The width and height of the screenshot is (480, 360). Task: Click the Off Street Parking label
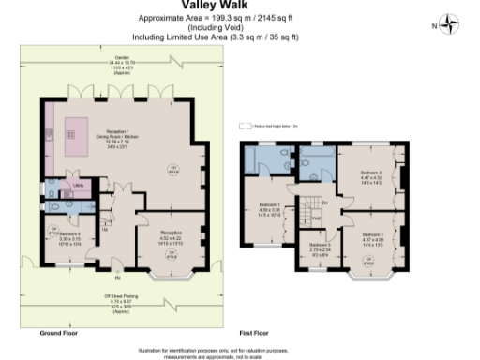tap(122, 301)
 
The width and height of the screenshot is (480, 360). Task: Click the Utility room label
tap(80, 186)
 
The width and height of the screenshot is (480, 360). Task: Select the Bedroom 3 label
tap(374, 176)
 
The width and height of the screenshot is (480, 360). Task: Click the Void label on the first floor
tap(317, 220)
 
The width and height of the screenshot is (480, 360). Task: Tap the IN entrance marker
tap(116, 278)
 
